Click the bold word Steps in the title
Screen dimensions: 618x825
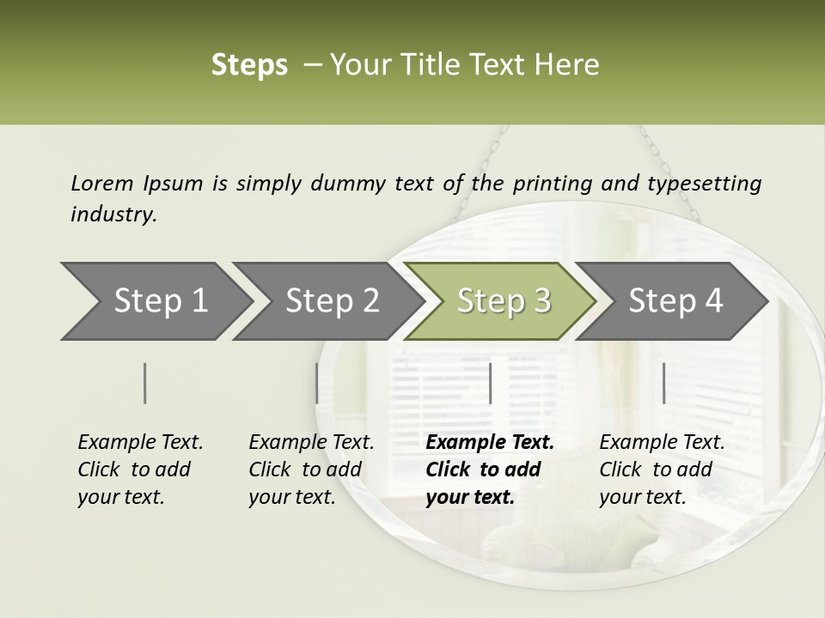(249, 65)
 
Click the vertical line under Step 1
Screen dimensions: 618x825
(145, 383)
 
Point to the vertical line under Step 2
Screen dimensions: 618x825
(317, 383)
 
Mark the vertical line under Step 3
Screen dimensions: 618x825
(490, 383)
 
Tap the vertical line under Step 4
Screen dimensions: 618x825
(663, 383)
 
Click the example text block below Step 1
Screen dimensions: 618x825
(140, 470)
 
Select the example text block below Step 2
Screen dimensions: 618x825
(311, 470)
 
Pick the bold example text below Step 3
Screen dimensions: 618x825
(490, 470)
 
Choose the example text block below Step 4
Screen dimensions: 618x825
(662, 470)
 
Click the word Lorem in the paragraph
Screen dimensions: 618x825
(101, 184)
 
